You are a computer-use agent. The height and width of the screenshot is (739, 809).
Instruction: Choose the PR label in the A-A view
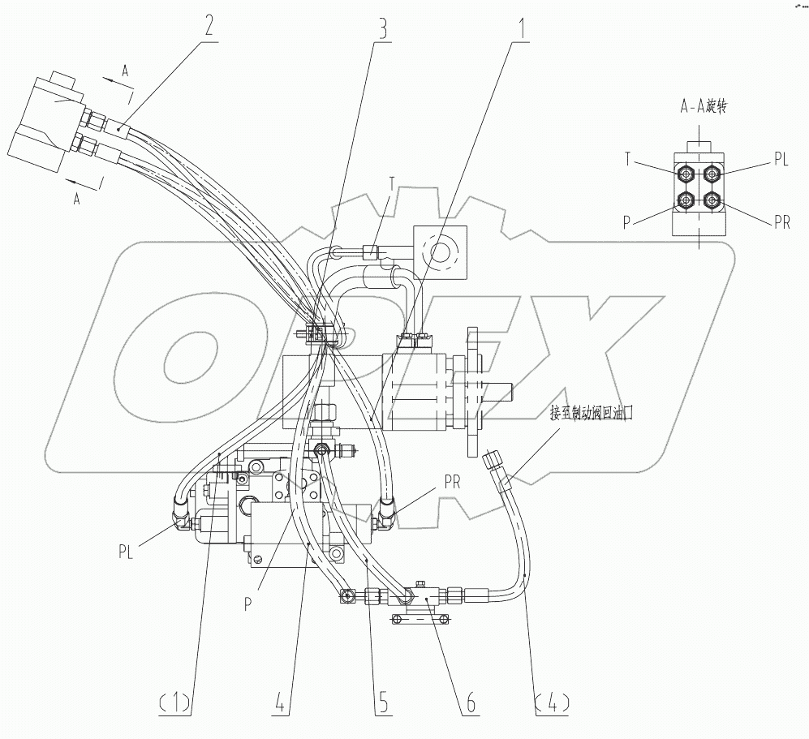pyautogui.click(x=781, y=223)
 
